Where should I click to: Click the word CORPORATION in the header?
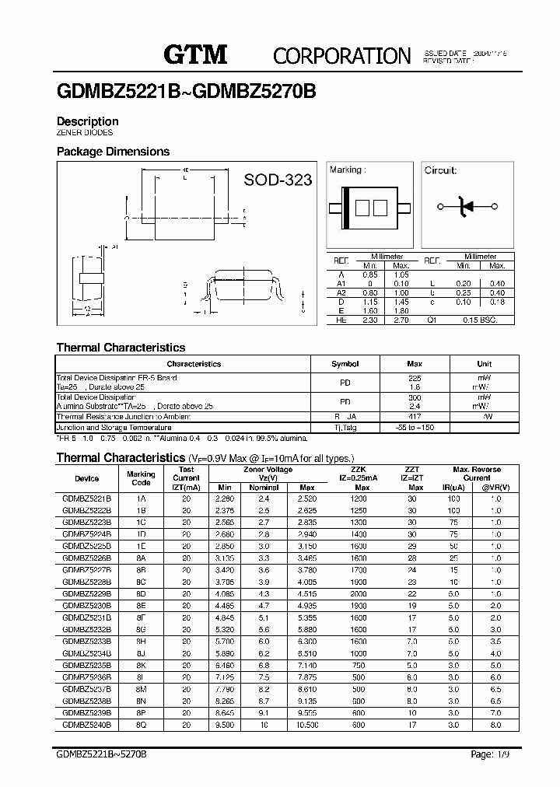point(341,55)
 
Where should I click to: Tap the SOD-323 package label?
point(278,180)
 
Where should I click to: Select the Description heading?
point(88,121)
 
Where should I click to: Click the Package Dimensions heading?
point(113,152)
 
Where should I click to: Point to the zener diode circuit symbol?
point(467,206)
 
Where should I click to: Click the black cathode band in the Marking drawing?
point(346,207)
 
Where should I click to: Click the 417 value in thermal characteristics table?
point(415,417)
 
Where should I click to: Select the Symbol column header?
point(345,364)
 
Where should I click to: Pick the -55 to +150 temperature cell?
point(415,428)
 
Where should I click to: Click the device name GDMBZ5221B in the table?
point(86,498)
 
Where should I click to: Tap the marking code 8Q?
point(141,724)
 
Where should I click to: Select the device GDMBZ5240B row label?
point(86,724)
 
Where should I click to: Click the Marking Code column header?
point(141,478)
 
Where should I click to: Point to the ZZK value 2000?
point(358,593)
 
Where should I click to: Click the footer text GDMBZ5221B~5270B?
point(102,755)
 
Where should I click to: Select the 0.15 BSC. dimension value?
point(478,320)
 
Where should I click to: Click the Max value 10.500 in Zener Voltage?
point(306,724)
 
